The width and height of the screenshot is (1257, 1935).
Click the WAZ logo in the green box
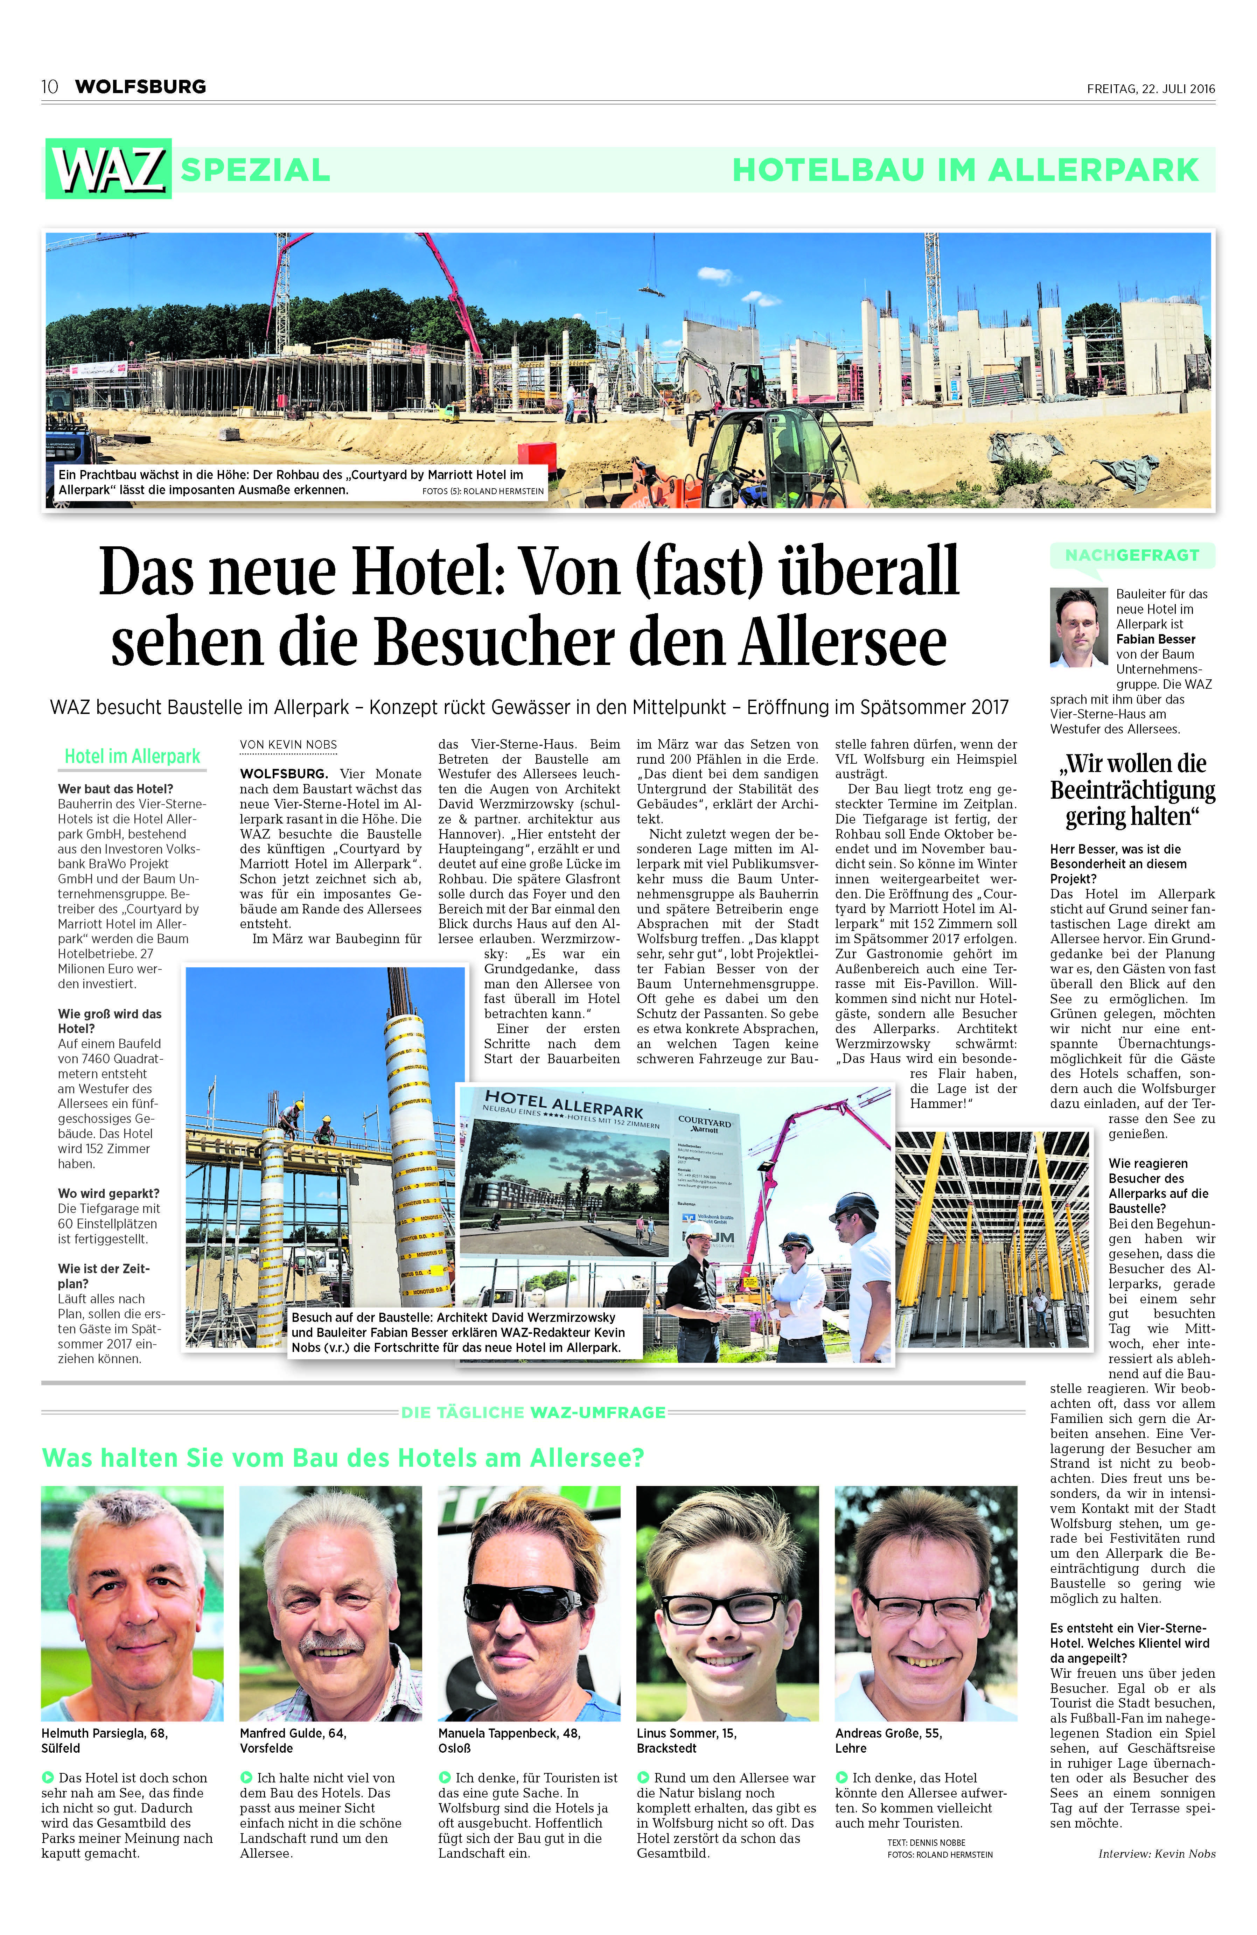(x=108, y=169)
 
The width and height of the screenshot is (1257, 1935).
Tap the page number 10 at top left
(x=50, y=87)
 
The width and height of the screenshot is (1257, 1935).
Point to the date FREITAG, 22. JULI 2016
(x=1151, y=89)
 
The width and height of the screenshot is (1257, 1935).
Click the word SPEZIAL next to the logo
(x=255, y=170)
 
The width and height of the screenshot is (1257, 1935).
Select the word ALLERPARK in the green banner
(x=1094, y=170)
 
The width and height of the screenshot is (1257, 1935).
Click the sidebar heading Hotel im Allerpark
(x=132, y=756)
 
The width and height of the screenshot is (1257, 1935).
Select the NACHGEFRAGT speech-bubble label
(x=1132, y=555)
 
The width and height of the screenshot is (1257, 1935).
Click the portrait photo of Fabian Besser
(x=1079, y=627)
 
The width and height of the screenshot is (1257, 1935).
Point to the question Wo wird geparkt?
(x=108, y=1193)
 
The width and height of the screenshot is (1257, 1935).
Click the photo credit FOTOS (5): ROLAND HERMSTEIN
(x=483, y=491)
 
